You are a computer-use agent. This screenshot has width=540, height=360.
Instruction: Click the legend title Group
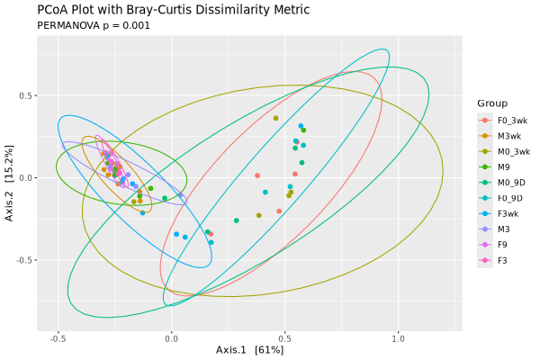(492, 103)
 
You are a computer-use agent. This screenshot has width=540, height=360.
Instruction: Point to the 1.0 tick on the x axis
(398, 338)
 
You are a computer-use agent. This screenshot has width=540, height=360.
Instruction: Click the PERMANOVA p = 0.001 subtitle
(93, 25)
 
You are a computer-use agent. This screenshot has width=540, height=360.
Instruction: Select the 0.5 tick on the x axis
(284, 338)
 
